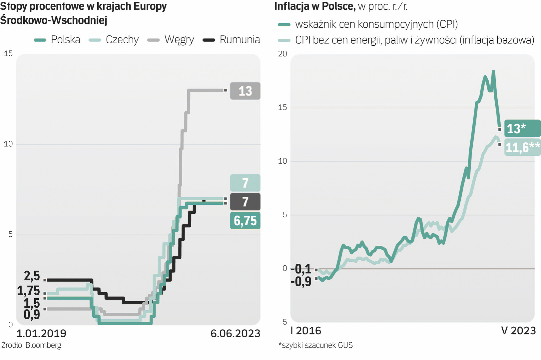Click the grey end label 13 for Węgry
coord(245,91)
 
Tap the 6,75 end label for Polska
coord(245,221)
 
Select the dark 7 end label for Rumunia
coord(245,202)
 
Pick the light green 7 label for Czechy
coord(245,183)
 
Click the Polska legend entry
coord(57,40)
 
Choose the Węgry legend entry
coord(171,40)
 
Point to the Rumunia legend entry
coord(232,40)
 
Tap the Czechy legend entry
coord(114,40)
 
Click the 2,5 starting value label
coord(32,276)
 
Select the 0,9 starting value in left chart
coord(32,314)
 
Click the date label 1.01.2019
coord(41,333)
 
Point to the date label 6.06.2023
coord(235,333)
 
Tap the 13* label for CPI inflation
coord(522,128)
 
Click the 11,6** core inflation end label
coord(522,147)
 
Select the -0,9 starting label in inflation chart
coord(301,282)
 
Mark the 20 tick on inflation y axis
coord(282,54)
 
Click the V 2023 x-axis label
coord(518,331)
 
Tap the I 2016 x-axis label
coord(306,331)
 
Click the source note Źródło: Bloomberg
coord(32,345)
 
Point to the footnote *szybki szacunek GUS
coord(315,345)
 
